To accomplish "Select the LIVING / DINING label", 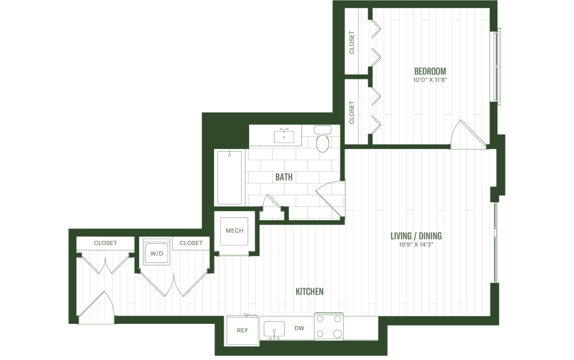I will (x=416, y=236).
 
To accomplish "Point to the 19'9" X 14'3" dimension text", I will (x=416, y=244).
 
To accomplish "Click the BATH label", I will (x=284, y=177).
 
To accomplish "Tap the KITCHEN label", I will (x=309, y=292).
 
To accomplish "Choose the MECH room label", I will (x=234, y=231).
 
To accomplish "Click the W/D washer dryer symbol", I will (x=155, y=253).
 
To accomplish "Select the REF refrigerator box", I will (x=242, y=331).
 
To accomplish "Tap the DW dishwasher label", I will (x=299, y=329).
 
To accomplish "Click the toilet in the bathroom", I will (x=323, y=140).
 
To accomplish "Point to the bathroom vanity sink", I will (x=284, y=136).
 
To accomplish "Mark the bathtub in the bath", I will (x=229, y=178).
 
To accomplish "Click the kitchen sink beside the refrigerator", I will (x=275, y=330).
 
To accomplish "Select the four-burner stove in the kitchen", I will (x=329, y=327).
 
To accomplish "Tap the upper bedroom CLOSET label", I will (x=352, y=42).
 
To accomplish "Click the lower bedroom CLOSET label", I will (x=352, y=113).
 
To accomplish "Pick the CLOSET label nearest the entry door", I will (x=105, y=243).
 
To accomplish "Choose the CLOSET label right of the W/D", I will (x=191, y=243).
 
